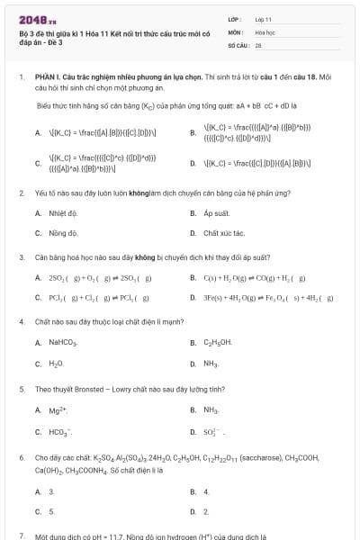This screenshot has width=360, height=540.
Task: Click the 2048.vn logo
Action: pos(37,18)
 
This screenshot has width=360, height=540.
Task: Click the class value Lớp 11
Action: pos(264,18)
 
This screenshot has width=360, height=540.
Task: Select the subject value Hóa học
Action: pos(265,31)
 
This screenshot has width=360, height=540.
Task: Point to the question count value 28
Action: pos(258,43)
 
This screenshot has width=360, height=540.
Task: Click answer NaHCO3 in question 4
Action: pos(64,343)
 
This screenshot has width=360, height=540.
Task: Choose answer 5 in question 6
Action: pos(51,511)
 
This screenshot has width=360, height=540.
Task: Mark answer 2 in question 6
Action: pos(206,511)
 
